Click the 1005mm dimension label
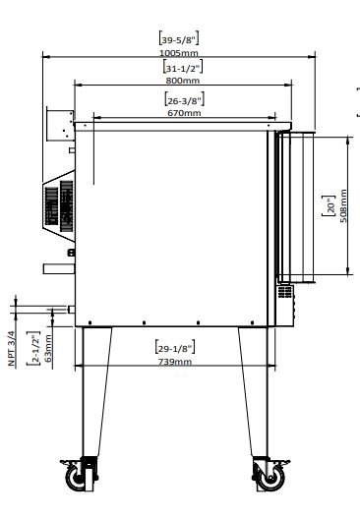(179, 53)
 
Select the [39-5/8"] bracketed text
(179, 38)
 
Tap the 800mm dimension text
(183, 81)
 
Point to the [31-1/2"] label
(183, 67)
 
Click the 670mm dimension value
(184, 113)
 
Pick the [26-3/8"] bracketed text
(185, 99)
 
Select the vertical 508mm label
(343, 205)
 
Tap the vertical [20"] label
(330, 205)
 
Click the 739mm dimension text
(174, 362)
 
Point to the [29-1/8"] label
(175, 348)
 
